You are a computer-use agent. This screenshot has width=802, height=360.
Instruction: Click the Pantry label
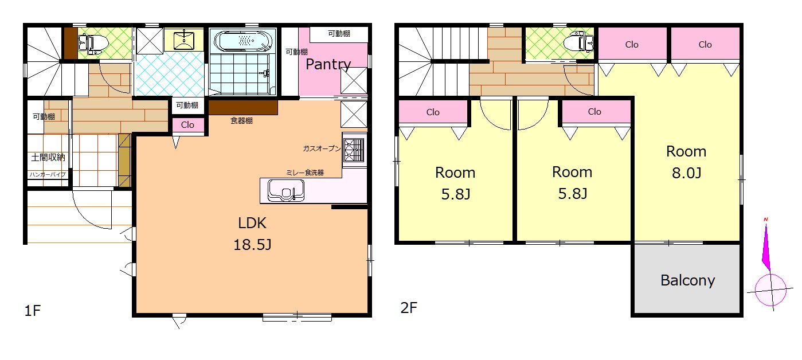(328, 65)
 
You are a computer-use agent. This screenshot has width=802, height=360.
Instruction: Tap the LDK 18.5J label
(252, 234)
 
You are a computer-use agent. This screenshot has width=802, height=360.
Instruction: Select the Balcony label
(687, 280)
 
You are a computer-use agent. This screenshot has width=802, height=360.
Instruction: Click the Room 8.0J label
(686, 162)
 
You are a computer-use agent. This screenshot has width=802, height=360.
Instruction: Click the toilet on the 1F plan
(93, 44)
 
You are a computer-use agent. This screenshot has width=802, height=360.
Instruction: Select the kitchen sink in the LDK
(285, 190)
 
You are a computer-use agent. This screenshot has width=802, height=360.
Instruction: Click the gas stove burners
(354, 150)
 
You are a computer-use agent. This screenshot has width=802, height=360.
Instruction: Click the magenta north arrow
(766, 247)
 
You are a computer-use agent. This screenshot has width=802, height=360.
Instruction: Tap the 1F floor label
(32, 311)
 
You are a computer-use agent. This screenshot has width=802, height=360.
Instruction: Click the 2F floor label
(409, 308)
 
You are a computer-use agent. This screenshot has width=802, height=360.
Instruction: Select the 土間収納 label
(48, 158)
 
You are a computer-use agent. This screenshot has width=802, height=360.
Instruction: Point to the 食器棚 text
(241, 120)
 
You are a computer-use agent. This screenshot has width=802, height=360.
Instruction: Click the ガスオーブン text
(322, 148)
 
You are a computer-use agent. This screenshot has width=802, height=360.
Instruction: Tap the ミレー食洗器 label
(304, 173)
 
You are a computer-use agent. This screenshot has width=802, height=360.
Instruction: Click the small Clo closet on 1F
(188, 125)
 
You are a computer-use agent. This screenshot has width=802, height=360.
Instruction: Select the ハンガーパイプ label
(48, 174)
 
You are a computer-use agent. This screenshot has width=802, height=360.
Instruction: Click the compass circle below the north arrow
(770, 290)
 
